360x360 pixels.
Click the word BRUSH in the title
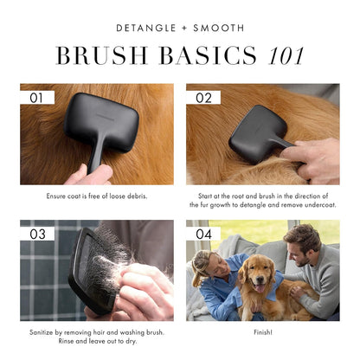[x=98, y=55]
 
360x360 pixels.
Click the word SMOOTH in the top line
[x=220, y=28]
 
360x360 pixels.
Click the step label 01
[x=35, y=97]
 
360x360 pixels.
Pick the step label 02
[x=202, y=97]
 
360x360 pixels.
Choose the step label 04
[x=202, y=233]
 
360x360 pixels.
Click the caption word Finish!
[x=263, y=331]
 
